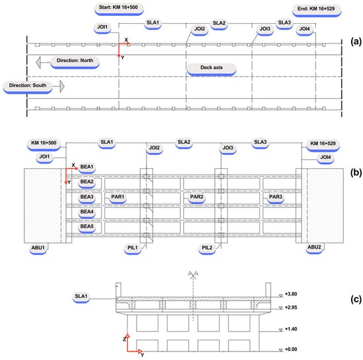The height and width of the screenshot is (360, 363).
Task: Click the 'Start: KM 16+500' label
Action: pyautogui.click(x=118, y=7)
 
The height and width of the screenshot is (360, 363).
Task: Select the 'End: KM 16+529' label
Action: pyautogui.click(x=316, y=9)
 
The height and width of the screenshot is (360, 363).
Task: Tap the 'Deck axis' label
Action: pyautogui.click(x=211, y=67)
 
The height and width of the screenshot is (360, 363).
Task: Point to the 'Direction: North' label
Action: pyautogui.click(x=75, y=61)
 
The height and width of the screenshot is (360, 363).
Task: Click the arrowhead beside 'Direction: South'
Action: pyautogui.click(x=62, y=86)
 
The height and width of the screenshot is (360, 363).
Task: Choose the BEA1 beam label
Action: pyautogui.click(x=87, y=167)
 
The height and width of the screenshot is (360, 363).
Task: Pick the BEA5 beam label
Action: pyautogui.click(x=87, y=226)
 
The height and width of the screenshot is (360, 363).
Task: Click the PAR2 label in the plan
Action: pyautogui.click(x=197, y=196)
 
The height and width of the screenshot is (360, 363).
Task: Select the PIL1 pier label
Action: pyautogui.click(x=133, y=248)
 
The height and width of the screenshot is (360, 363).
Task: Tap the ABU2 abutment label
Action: pyautogui.click(x=314, y=247)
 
